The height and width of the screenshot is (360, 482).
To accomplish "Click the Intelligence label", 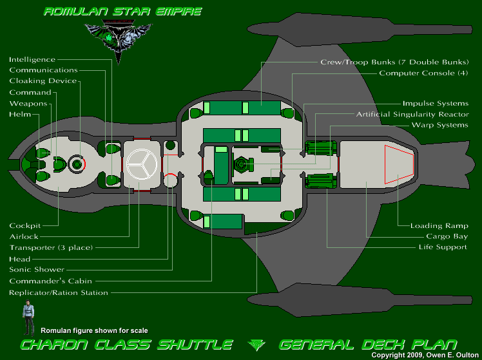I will (32, 59).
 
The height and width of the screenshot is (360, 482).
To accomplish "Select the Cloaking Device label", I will (43, 81).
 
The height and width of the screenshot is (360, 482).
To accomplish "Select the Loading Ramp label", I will (439, 226).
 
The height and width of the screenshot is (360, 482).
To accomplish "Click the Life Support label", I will (443, 247).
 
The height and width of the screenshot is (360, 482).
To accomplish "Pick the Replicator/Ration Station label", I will (59, 292).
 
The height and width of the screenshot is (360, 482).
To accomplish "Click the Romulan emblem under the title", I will (118, 39).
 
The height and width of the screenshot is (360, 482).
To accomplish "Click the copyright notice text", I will (425, 355).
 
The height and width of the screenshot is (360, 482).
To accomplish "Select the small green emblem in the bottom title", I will (256, 344).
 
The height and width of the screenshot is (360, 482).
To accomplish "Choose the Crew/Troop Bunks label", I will (394, 62).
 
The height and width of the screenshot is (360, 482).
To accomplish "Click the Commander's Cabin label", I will (50, 281).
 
